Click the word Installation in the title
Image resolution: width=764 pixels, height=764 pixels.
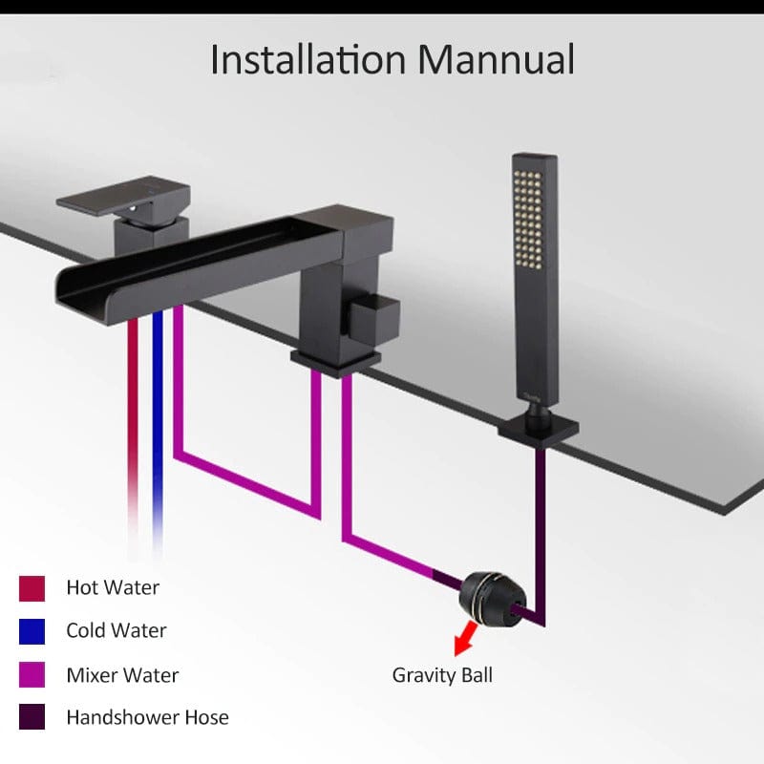coord(308,59)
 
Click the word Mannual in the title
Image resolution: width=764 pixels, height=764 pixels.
coord(496,59)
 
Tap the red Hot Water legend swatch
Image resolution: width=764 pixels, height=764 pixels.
coord(32,588)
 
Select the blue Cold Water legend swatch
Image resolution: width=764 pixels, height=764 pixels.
coord(32,631)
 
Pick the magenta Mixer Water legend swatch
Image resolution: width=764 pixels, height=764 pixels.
coord(32,674)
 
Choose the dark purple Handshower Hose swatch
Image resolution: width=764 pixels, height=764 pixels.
coord(32,717)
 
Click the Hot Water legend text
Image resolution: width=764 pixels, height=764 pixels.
coord(113,587)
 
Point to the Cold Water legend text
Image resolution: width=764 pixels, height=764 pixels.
coord(117,630)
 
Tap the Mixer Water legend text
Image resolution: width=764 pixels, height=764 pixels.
coord(123,675)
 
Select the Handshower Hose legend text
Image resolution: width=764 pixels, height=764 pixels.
coord(148,717)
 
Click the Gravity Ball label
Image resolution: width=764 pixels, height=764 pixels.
coord(442,675)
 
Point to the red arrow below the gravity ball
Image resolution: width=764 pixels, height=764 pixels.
coord(464,637)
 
